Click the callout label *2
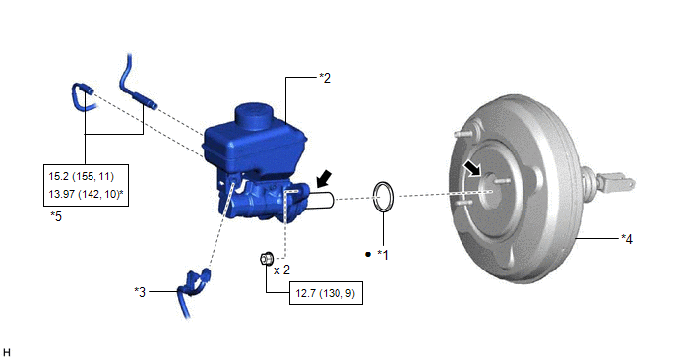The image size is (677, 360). [325, 78]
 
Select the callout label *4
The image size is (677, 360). [627, 239]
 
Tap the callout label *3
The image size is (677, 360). [140, 292]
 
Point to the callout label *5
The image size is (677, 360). [56, 216]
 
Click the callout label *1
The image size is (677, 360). [383, 255]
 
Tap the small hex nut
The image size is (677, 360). [266, 258]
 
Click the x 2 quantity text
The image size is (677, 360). [282, 270]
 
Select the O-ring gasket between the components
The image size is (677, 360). [384, 198]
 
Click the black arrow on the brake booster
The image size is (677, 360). [472, 168]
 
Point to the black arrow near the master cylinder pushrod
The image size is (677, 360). [323, 178]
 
